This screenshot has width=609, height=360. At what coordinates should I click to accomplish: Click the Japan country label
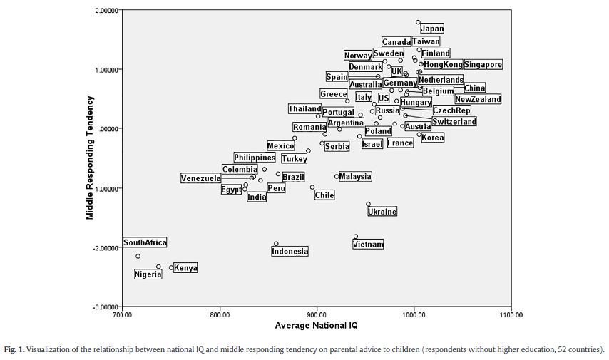431,29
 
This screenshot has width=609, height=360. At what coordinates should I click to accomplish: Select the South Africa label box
145,242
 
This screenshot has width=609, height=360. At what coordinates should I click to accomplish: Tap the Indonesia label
290,251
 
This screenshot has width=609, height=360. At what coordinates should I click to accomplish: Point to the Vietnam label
368,245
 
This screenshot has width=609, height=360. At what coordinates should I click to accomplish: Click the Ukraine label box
382,212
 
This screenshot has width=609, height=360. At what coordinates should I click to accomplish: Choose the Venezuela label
201,178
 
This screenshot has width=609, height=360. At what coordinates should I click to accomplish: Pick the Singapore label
483,65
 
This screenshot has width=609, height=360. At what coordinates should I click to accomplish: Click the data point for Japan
419,22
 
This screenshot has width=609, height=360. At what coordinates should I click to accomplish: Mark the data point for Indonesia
276,244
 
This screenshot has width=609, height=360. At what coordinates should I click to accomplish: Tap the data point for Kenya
171,268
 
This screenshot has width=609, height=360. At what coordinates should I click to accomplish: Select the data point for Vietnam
356,237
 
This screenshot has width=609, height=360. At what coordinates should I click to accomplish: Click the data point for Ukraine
369,204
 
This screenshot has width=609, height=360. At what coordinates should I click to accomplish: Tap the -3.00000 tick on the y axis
105,307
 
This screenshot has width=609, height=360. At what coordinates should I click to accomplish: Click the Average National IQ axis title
316,326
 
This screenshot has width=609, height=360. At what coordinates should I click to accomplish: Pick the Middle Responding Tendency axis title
91,158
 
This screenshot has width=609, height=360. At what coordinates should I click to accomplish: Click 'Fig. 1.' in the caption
14,349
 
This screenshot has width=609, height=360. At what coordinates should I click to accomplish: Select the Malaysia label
355,176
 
